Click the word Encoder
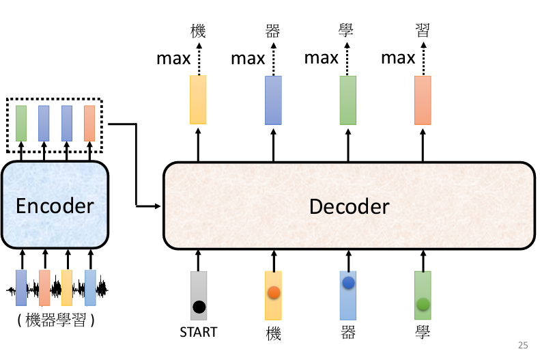coord(55,206)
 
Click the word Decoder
coord(349,206)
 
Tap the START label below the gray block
coord(199,333)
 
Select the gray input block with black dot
coord(199,295)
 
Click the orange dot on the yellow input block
coord(274,292)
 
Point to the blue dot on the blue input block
coord(348,282)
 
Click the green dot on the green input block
coord(423,304)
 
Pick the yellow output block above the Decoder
coord(199,100)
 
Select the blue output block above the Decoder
coord(273,100)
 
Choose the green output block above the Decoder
coord(348,100)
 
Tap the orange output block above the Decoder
coord(423,100)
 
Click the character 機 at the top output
coord(199,30)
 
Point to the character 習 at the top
coord(423,30)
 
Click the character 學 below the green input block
coord(423,333)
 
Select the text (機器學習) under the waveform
coord(54,320)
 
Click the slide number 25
coord(523,346)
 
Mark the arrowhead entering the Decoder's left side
coord(158,205)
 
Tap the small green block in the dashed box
coord(21,123)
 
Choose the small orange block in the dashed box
coord(89,123)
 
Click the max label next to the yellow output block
coord(173,58)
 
